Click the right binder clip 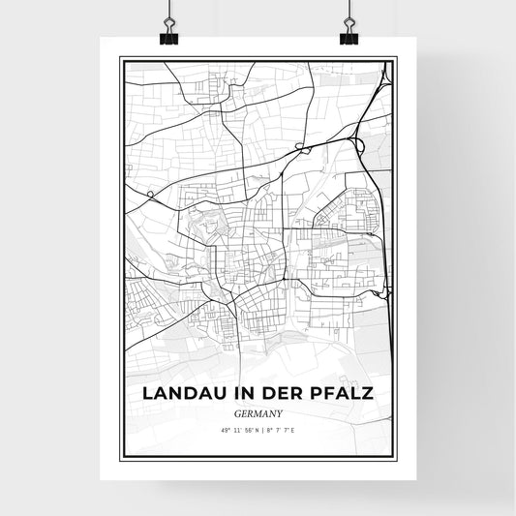tap(349, 35)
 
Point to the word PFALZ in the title tap(343, 394)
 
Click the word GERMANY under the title tap(258, 413)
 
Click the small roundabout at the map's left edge tap(151, 194)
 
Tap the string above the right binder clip tap(349, 10)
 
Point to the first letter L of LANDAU tap(148, 394)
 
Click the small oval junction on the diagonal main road tap(300, 147)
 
